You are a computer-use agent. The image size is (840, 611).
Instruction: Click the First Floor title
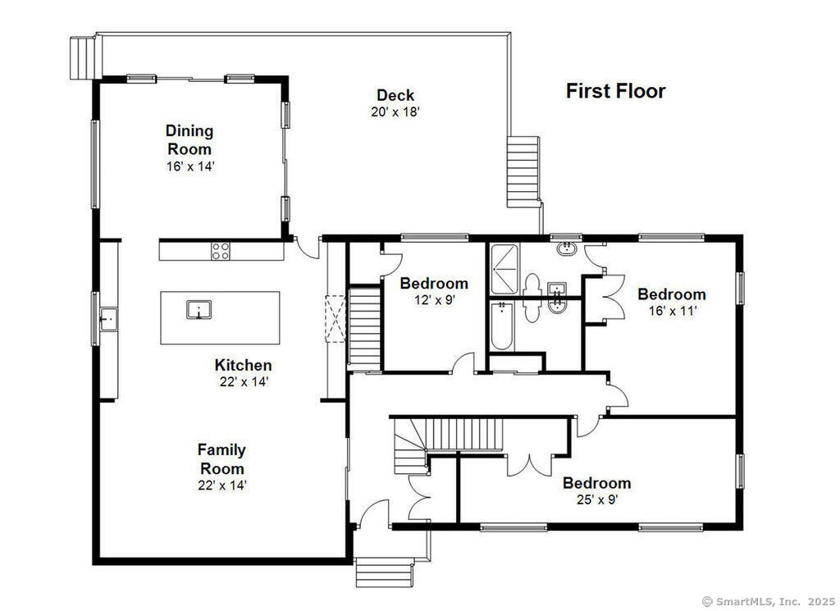(615, 91)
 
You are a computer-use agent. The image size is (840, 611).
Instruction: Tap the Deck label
(395, 95)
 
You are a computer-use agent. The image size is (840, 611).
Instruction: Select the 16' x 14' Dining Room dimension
(190, 166)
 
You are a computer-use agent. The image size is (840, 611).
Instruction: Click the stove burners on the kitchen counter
(221, 251)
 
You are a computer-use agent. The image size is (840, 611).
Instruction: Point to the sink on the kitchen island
(199, 309)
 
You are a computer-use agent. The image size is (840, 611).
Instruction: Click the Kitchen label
(243, 365)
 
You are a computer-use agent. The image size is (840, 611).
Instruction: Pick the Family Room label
(221, 459)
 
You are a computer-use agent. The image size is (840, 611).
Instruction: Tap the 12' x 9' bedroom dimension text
(434, 300)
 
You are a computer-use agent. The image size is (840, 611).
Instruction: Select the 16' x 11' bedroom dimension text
(673, 311)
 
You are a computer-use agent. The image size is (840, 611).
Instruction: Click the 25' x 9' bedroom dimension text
(597, 499)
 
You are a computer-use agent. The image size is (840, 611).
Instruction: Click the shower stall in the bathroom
(504, 269)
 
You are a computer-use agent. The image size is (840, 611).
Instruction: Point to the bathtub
(502, 326)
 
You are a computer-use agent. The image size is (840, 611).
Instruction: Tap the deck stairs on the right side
(523, 171)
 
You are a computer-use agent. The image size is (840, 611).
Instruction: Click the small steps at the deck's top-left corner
(82, 58)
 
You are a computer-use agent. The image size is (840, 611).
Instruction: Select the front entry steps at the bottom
(385, 572)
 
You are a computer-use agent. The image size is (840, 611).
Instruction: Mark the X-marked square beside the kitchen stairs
(336, 318)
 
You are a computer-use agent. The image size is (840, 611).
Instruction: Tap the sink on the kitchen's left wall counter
(108, 320)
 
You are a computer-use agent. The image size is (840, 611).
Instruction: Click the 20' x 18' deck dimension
(395, 112)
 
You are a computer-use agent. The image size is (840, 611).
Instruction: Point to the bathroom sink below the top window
(566, 249)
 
